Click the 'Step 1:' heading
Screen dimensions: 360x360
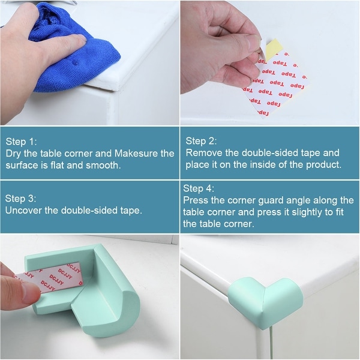pyautogui.click(x=21, y=142)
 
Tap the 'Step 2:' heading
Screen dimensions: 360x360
pyautogui.click(x=201, y=141)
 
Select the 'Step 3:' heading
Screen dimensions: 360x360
pyautogui.click(x=20, y=199)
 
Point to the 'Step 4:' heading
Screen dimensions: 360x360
pyautogui.click(x=199, y=188)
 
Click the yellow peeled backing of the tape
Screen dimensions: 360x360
pyautogui.click(x=272, y=50)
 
